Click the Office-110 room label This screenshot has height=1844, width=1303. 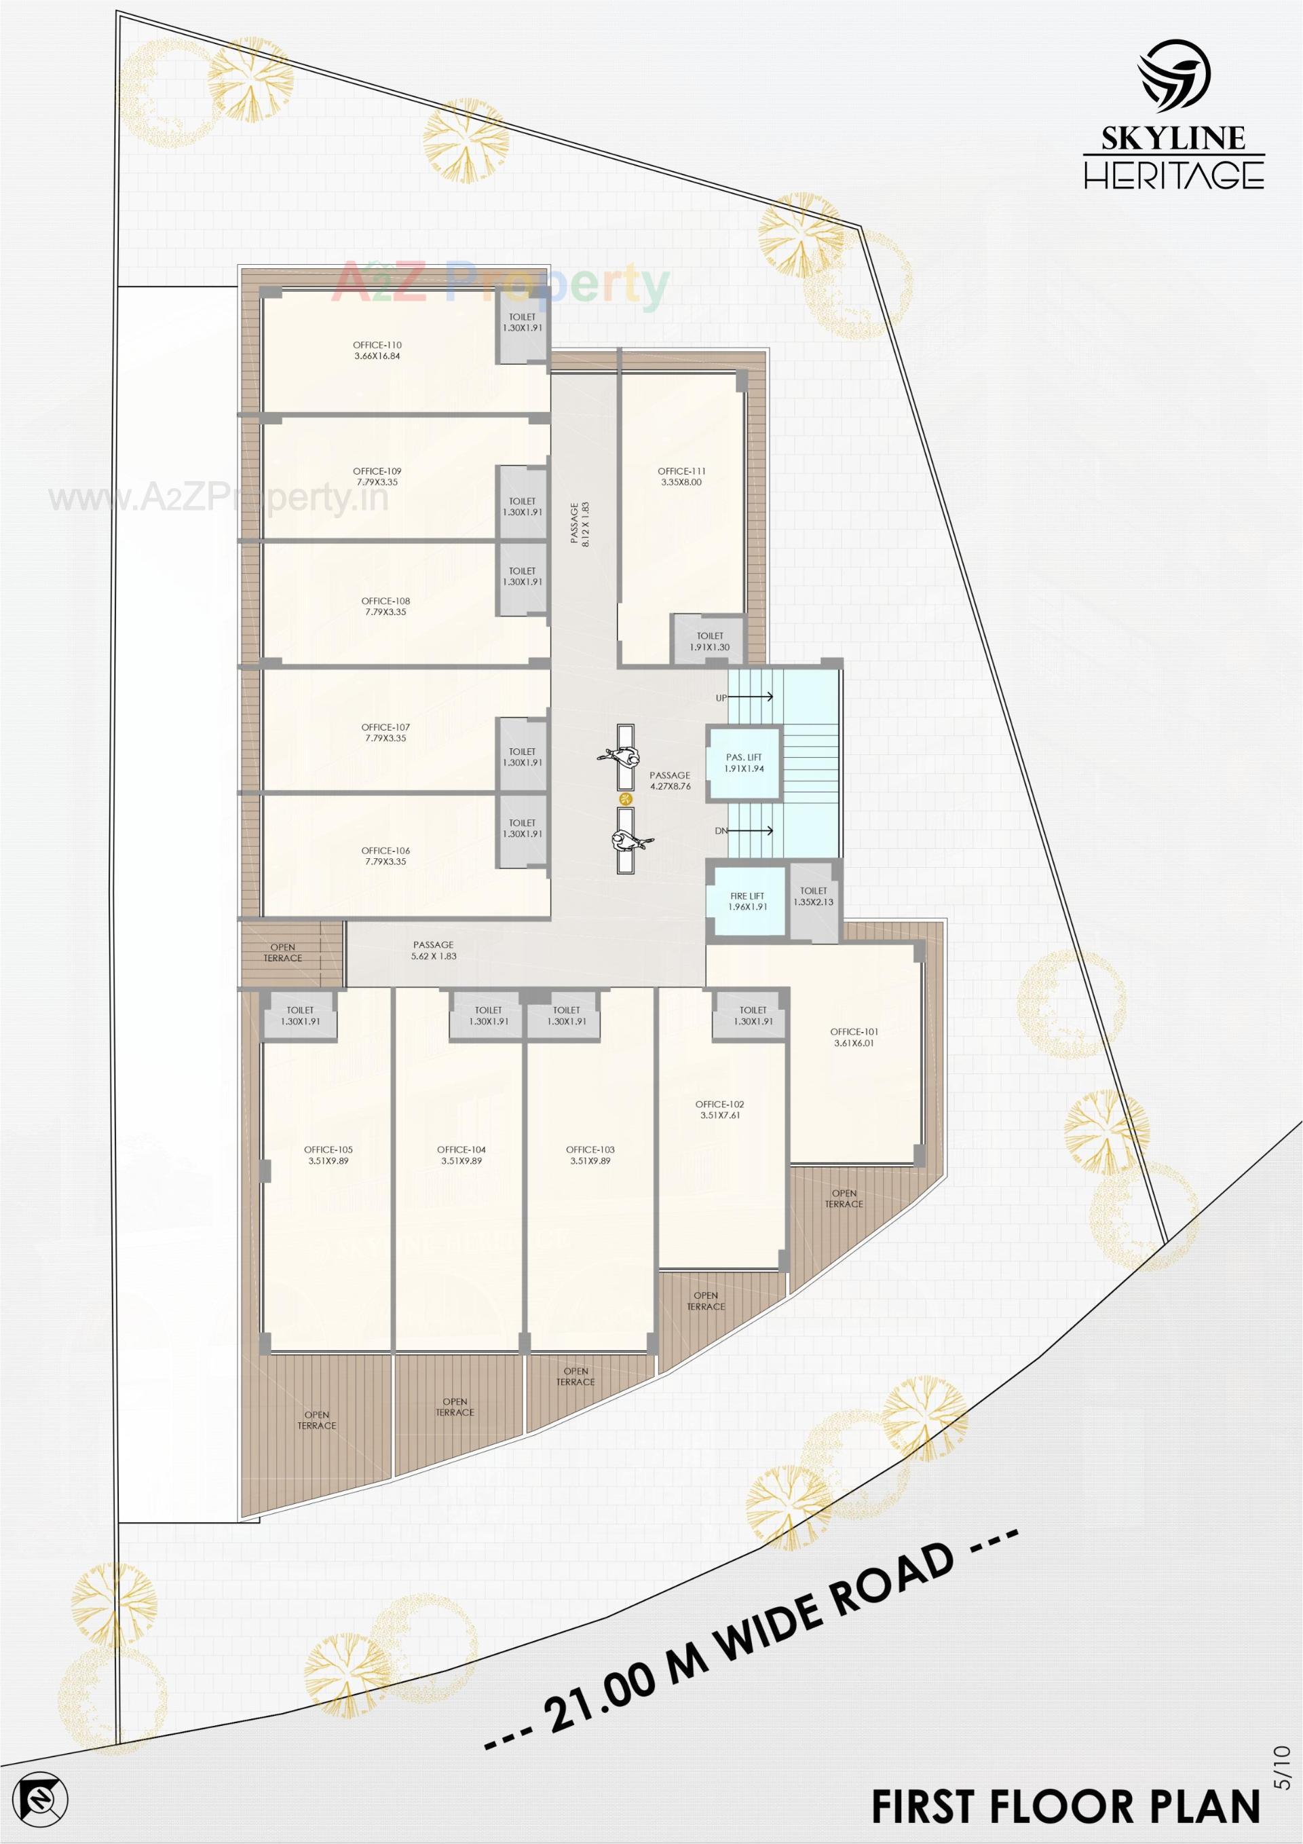pyautogui.click(x=377, y=350)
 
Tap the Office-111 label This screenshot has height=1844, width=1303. pyautogui.click(x=681, y=476)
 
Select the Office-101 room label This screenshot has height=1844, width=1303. pyautogui.click(x=854, y=1037)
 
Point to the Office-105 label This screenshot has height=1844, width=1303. pyautogui.click(x=329, y=1155)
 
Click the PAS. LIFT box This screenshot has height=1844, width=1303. pyautogui.click(x=743, y=763)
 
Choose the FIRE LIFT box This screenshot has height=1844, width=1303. pyautogui.click(x=747, y=901)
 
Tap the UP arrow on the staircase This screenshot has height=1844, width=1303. pyautogui.click(x=755, y=697)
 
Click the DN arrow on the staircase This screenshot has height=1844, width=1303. pyautogui.click(x=755, y=830)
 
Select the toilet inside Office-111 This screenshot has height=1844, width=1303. pyautogui.click(x=710, y=641)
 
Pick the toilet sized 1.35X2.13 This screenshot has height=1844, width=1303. pyautogui.click(x=813, y=896)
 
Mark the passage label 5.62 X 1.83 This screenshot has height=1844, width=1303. pyautogui.click(x=434, y=950)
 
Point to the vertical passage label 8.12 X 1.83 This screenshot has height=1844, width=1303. pyautogui.click(x=580, y=524)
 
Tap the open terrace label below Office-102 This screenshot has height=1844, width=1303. pyautogui.click(x=706, y=1300)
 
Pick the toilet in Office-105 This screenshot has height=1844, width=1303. pyautogui.click(x=299, y=1016)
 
